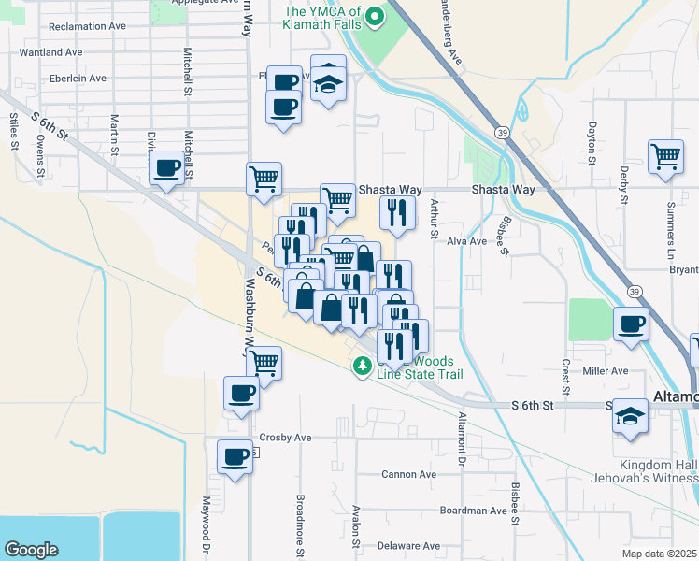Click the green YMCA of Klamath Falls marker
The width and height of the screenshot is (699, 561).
pos(375,16)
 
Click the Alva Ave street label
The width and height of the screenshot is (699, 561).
pos(467,241)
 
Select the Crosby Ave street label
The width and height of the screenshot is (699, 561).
pos(285,438)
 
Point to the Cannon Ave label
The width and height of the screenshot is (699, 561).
pos(408,474)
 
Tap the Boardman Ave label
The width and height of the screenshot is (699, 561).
pos(473,511)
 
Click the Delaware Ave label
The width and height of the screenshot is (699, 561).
pos(410,546)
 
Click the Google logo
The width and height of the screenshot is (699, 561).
pos(31,550)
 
